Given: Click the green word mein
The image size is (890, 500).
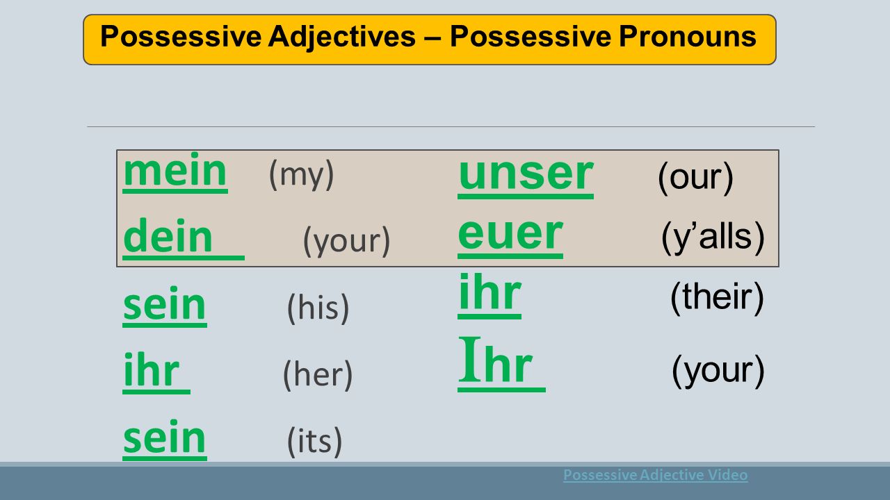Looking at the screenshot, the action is click(x=175, y=171).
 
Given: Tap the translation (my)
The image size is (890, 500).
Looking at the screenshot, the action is click(x=302, y=174).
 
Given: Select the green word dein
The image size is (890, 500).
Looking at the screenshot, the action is click(x=168, y=236).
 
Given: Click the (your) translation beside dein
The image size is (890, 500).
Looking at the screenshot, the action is click(x=347, y=241).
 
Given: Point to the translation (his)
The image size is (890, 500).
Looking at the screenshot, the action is click(x=318, y=308).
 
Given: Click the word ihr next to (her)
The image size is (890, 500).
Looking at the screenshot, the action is click(x=152, y=370).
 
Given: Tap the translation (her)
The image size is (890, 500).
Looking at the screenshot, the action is click(x=318, y=374).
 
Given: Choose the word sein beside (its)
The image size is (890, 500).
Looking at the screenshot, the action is click(x=165, y=438).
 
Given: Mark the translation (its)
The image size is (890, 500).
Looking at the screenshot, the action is click(x=314, y=441).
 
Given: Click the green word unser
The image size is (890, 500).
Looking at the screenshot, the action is click(x=526, y=174).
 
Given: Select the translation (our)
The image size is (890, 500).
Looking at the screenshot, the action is click(x=696, y=177).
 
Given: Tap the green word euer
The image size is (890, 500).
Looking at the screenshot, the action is click(x=510, y=234).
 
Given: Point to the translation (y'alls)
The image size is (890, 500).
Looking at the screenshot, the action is click(x=713, y=237).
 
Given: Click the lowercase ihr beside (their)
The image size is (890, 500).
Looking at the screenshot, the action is click(x=490, y=293).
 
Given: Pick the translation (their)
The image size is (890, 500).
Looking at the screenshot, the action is click(x=717, y=298).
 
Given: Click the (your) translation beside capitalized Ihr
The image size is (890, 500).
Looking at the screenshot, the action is click(x=718, y=371).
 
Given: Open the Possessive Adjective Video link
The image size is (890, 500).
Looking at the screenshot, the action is click(x=656, y=475).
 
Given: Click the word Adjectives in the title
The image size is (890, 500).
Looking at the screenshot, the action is click(x=341, y=37).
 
